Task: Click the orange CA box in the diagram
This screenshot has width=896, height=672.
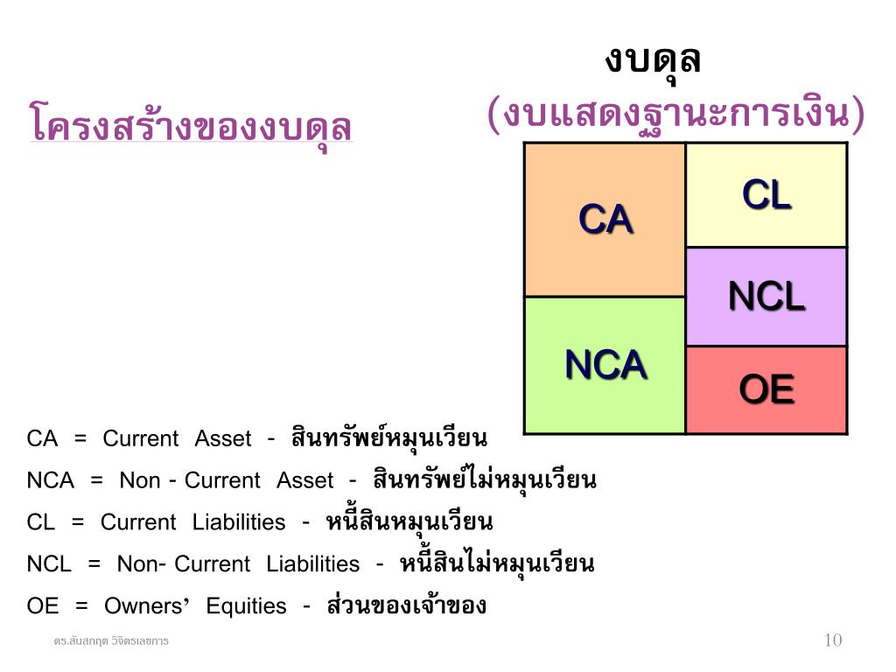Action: coord(605,220)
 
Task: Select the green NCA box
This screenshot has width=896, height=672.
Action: coord(605,365)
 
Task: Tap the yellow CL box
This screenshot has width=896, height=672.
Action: coord(766,195)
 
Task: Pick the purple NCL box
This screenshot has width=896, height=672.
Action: coord(766,297)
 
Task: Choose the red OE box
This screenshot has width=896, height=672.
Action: coord(766,389)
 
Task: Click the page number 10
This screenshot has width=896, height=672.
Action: coord(833,640)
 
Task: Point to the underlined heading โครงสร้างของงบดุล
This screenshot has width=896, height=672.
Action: coord(191,124)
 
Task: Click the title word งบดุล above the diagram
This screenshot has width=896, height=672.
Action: coord(653,59)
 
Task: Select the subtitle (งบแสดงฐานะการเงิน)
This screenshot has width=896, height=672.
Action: coord(675,115)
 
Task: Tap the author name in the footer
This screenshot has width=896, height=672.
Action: coord(111,641)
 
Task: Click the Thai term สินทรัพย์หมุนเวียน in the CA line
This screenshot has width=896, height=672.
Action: coord(389,437)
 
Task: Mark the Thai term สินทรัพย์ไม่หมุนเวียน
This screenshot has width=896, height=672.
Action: coord(484,479)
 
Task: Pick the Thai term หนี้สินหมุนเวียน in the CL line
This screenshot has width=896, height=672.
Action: coord(409,521)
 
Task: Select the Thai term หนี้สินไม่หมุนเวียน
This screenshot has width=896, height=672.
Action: coord(497,563)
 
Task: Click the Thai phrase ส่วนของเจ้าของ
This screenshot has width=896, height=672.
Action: coord(406,605)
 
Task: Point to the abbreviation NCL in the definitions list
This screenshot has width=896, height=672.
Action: coord(49,564)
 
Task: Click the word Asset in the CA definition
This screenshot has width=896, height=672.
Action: coord(222,438)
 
